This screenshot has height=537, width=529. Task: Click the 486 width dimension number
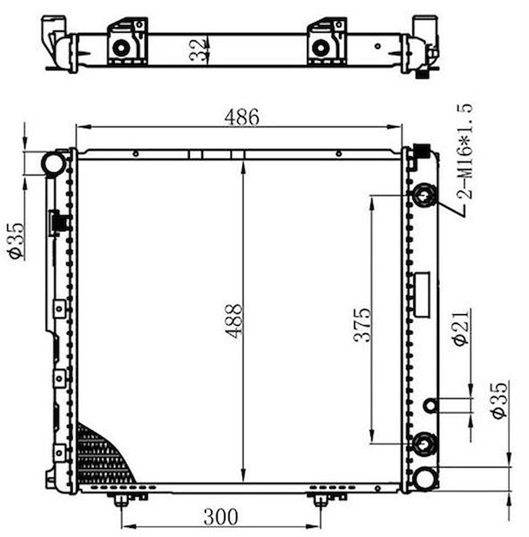coord(242,117)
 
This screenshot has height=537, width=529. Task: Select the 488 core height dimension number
coord(235,321)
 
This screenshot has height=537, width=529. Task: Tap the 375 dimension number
coord(362,325)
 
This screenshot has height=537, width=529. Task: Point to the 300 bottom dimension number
coord(221,517)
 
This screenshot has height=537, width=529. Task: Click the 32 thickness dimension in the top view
coord(198,50)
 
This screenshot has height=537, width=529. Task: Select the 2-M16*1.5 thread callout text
coord(465,151)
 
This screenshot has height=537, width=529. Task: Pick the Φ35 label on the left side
coord(16,241)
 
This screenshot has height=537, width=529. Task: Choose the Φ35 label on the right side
coord(499,401)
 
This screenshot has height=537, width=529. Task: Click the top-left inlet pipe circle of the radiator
coord(53,164)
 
